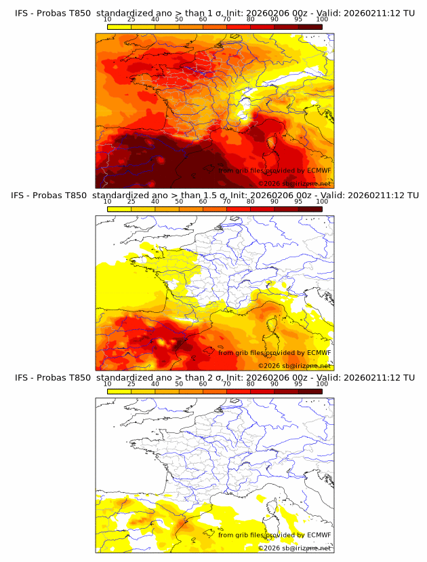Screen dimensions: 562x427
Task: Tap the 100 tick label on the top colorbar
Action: point(322,20)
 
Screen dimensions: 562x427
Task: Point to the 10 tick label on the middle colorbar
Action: point(107,202)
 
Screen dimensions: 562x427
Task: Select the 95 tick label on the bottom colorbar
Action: point(298,383)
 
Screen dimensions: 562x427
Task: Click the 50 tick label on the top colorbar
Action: point(179,20)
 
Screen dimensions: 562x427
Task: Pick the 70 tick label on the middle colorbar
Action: point(226,202)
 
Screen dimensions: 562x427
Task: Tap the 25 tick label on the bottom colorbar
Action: point(131,383)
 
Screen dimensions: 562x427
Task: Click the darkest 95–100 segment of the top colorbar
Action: point(310,27)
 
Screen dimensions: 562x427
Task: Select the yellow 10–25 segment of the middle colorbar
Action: point(119,209)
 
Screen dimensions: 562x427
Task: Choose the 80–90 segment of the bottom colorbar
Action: point(262,391)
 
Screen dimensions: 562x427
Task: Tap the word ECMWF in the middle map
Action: point(319,352)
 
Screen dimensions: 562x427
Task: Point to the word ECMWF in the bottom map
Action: point(319,535)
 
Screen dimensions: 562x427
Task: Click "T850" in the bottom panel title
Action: point(78,377)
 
